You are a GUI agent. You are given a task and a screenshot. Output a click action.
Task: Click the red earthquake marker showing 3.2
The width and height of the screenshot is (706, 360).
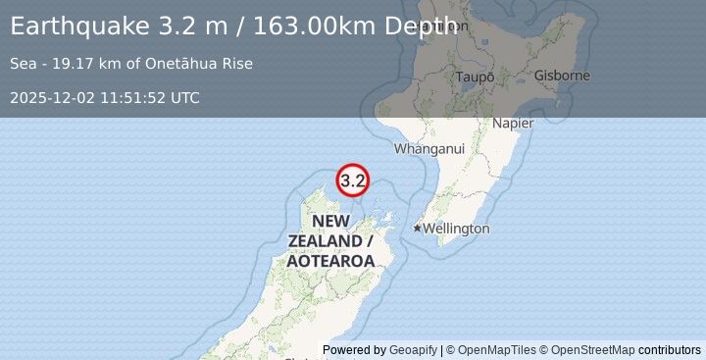click(353, 180)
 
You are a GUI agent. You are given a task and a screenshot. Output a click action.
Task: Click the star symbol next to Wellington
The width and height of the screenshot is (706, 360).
click(417, 229)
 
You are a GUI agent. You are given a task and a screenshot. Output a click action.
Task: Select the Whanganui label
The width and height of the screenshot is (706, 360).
click(429, 149)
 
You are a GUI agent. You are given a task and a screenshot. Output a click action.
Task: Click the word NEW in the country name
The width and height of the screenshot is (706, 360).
click(330, 221)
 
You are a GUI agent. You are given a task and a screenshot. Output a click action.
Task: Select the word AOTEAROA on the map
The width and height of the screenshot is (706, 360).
click(331, 261)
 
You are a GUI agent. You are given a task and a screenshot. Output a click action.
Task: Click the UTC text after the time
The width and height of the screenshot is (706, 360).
click(183, 98)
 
